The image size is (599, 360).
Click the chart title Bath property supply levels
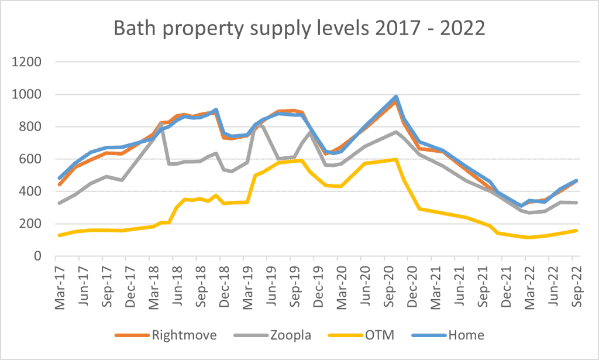tap(299, 28)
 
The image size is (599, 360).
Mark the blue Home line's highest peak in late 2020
tap(396, 97)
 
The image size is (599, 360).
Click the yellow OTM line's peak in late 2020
tap(396, 159)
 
